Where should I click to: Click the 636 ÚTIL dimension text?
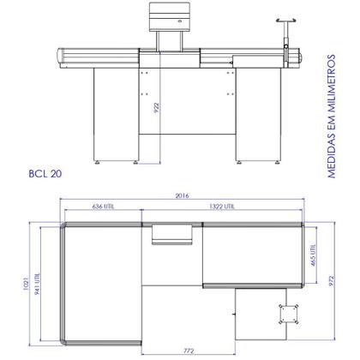point(101,207)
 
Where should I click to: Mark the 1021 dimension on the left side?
point(28,283)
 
